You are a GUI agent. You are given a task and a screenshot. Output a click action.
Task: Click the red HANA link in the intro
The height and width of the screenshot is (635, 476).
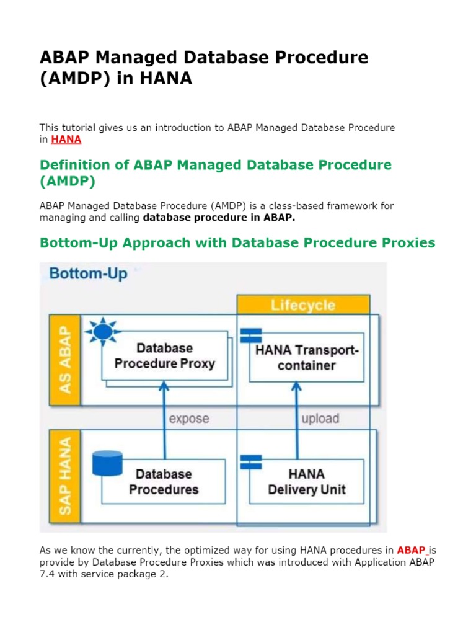[x=66, y=140]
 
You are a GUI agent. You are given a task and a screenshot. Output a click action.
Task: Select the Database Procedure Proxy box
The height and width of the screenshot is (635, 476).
[x=164, y=356]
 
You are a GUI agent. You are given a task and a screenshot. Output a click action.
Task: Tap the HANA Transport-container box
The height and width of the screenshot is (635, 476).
[x=306, y=358]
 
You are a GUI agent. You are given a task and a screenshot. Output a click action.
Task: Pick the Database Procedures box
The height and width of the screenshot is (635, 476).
[x=164, y=481]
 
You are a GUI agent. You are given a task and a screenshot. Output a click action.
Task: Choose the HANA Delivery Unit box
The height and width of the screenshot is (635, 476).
[x=306, y=481]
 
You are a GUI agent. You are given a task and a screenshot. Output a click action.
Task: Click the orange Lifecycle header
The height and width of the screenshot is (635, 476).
[x=303, y=305]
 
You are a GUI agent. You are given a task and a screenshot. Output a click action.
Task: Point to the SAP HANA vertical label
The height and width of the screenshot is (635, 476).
[x=64, y=476]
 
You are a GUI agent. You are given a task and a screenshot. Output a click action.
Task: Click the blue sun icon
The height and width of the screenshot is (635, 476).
[x=104, y=332]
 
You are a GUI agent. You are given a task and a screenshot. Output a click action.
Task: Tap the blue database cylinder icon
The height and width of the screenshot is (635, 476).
[x=106, y=466]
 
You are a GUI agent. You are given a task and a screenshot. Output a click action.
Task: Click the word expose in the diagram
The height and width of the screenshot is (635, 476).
[x=189, y=419]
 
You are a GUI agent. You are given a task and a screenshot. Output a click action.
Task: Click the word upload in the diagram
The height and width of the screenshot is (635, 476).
[x=320, y=419]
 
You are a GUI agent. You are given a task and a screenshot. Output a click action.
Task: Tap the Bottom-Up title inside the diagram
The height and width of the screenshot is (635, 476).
[x=88, y=273]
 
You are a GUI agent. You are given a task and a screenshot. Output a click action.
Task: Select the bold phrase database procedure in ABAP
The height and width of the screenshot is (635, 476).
[x=210, y=218]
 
